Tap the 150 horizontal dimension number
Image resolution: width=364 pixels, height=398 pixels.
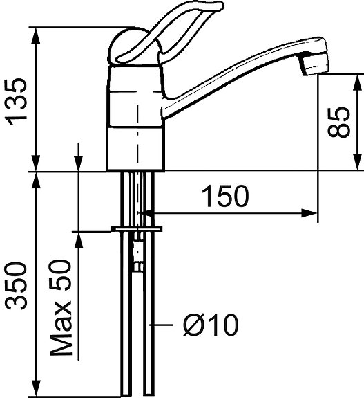224,198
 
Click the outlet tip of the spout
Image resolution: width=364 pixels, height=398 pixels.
314,64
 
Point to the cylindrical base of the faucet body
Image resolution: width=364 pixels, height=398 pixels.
136,147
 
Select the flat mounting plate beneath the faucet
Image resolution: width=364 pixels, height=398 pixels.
136,228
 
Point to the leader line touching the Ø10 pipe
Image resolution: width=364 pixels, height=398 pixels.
166,324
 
